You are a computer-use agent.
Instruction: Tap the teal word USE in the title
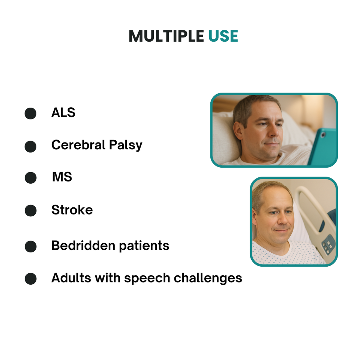click(x=223, y=36)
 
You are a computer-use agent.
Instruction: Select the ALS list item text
click(x=63, y=112)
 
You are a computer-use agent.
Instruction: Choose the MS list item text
click(x=62, y=177)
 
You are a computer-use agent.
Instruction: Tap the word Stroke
click(x=72, y=210)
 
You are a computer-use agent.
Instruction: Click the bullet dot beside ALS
click(x=30, y=114)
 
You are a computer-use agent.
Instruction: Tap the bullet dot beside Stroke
click(x=30, y=211)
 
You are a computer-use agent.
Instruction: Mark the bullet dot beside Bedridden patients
click(x=30, y=247)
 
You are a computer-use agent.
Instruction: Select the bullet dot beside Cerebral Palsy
click(x=30, y=146)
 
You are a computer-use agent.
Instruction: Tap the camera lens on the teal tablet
click(x=323, y=134)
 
